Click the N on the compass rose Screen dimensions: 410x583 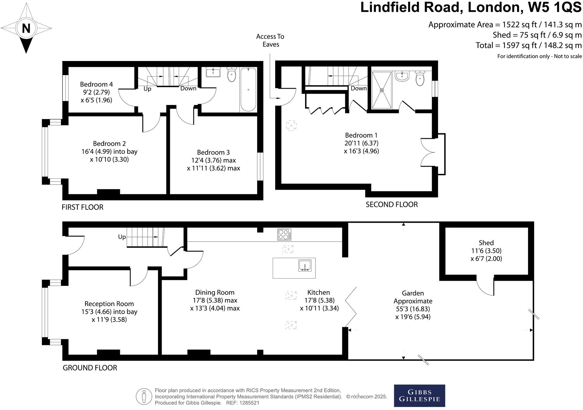click(x=26, y=28)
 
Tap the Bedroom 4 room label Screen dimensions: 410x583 click(x=96, y=84)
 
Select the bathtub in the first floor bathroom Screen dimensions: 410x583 click(x=248, y=89)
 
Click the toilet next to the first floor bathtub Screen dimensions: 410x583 click(x=232, y=74)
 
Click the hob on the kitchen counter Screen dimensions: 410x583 click(x=284, y=235)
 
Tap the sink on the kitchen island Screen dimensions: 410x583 click(x=305, y=266)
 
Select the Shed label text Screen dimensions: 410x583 click(x=486, y=243)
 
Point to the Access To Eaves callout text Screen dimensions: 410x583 click(x=270, y=40)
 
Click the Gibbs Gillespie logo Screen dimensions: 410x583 click(x=419, y=396)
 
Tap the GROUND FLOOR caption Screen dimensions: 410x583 click(x=90, y=368)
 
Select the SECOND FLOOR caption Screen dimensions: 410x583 click(x=391, y=204)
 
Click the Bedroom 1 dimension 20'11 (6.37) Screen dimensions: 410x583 click(x=362, y=143)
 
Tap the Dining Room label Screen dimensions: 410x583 click(x=215, y=292)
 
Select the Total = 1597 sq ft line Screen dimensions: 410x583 click(x=528, y=45)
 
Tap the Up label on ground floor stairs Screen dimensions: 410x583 click(x=122, y=237)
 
